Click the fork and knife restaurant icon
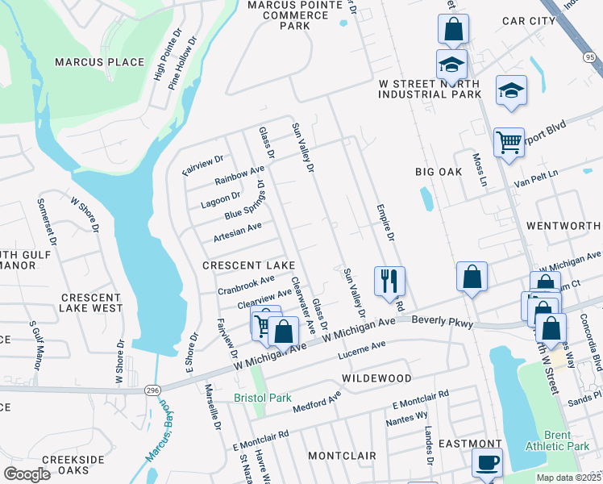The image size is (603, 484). [389, 282]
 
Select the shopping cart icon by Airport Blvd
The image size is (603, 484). [509, 143]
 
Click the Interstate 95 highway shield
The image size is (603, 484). [590, 57]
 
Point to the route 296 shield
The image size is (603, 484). [152, 390]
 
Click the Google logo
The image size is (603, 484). [27, 474]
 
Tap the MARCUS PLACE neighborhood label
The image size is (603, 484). [99, 62]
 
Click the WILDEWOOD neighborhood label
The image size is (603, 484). [376, 378]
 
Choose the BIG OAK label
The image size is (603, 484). [439, 172]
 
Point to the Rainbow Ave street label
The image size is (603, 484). [239, 176]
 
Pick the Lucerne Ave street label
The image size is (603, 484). [363, 349]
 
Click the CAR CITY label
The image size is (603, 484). [529, 20]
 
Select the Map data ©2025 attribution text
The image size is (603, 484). [568, 478]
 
